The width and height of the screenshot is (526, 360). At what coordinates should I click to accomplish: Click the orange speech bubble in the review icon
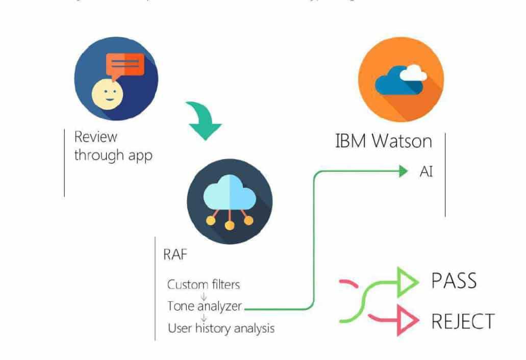[x=125, y=65]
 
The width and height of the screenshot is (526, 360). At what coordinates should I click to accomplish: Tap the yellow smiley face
[x=106, y=94]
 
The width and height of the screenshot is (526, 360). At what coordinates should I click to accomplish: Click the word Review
[x=95, y=137]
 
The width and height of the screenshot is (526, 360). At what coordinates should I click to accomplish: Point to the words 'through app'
[x=113, y=155]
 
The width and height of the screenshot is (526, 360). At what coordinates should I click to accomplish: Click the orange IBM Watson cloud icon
[x=400, y=81]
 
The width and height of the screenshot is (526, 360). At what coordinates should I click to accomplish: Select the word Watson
[x=402, y=141]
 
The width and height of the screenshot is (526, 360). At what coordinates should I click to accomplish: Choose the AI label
[x=426, y=172]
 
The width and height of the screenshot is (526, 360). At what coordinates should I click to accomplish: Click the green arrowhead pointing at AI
[x=404, y=172]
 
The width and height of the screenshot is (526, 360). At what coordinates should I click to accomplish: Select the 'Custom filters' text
[x=204, y=284]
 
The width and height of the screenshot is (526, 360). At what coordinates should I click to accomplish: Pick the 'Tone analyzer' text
[x=205, y=306]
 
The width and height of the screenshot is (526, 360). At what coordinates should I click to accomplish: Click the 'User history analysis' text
[x=221, y=328]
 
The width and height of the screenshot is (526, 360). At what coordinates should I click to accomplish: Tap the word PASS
[x=454, y=281]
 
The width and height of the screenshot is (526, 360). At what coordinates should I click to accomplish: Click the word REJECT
[x=463, y=321]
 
